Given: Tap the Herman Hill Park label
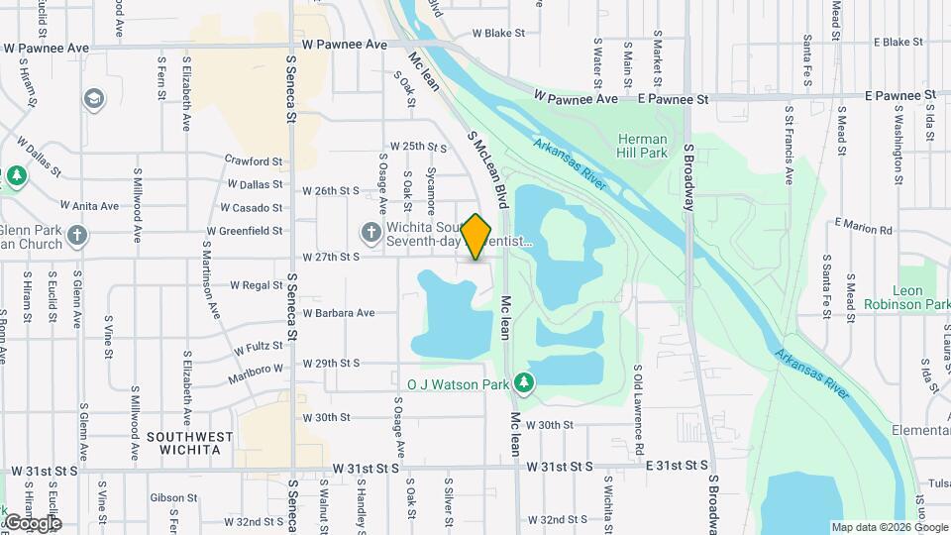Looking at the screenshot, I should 642,146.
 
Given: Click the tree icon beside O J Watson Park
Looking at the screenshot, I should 524,382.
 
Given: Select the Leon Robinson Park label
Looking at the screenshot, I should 893,298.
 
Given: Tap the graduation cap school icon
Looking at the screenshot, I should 94,99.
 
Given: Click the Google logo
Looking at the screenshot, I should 32,522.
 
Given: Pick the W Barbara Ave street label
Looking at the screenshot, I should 339,313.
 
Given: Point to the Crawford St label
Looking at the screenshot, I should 254,160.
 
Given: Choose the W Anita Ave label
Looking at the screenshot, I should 89,206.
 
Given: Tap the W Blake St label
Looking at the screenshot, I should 498,33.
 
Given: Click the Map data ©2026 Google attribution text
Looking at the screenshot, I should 890,527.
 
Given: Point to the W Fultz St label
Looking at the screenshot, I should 260,348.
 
